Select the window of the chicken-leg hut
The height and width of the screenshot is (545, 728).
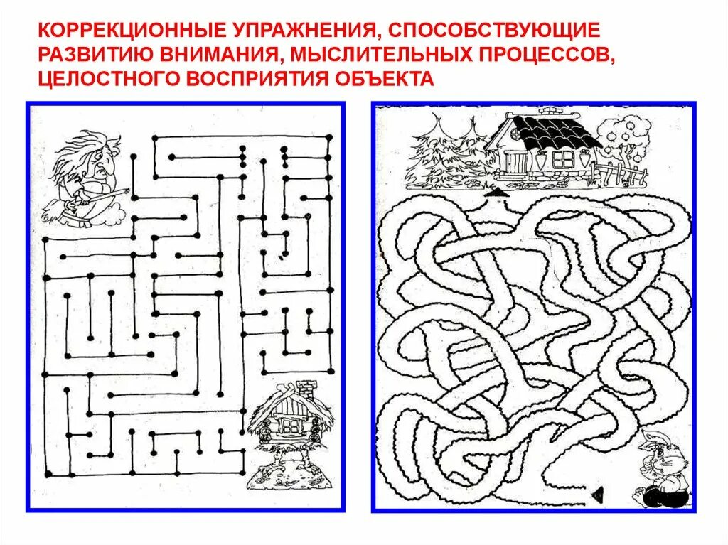point(289,425)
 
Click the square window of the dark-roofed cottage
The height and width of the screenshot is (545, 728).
point(564,158)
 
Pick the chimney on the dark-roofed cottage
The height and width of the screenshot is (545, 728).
point(549,112)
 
